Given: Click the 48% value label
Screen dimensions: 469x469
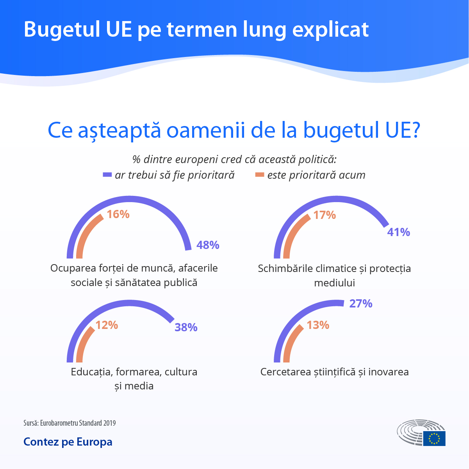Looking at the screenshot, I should (x=208, y=245).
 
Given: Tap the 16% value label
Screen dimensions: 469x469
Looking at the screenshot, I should (x=118, y=214).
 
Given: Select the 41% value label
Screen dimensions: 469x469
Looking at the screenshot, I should (x=398, y=232).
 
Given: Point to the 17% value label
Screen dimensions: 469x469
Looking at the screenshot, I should (x=325, y=215).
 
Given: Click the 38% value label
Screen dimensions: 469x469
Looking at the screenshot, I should (x=186, y=327).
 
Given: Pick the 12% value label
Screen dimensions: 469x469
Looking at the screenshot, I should (x=107, y=325).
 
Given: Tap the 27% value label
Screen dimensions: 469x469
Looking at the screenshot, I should (x=360, y=304).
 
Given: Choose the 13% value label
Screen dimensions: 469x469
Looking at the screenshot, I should (x=318, y=325).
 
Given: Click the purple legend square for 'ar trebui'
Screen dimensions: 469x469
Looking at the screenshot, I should (x=107, y=175).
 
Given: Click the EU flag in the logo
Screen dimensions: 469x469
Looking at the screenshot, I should (x=434, y=438).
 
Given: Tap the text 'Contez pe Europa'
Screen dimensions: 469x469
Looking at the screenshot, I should (x=68, y=442).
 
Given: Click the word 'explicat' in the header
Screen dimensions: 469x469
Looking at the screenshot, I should (x=330, y=29).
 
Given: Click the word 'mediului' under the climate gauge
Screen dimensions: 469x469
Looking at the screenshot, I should (x=334, y=282).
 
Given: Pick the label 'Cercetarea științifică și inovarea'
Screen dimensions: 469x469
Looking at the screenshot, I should (x=334, y=372).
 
